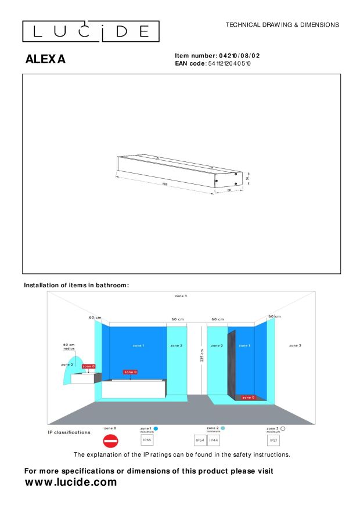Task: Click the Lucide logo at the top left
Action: tap(91, 31)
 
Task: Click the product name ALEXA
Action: tap(45, 59)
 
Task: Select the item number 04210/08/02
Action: tap(239, 56)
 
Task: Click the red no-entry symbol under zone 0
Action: tap(110, 441)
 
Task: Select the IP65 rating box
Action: tap(147, 441)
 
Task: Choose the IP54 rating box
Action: tap(200, 441)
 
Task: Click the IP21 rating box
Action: tap(273, 441)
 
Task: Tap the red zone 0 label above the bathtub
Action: tap(130, 371)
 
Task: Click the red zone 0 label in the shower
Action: tap(248, 398)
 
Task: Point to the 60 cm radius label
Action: tap(69, 346)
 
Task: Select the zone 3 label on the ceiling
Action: tap(181, 296)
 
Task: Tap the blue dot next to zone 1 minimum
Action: tap(156, 428)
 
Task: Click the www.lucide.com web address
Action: tap(71, 482)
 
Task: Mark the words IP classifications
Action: tap(69, 432)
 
